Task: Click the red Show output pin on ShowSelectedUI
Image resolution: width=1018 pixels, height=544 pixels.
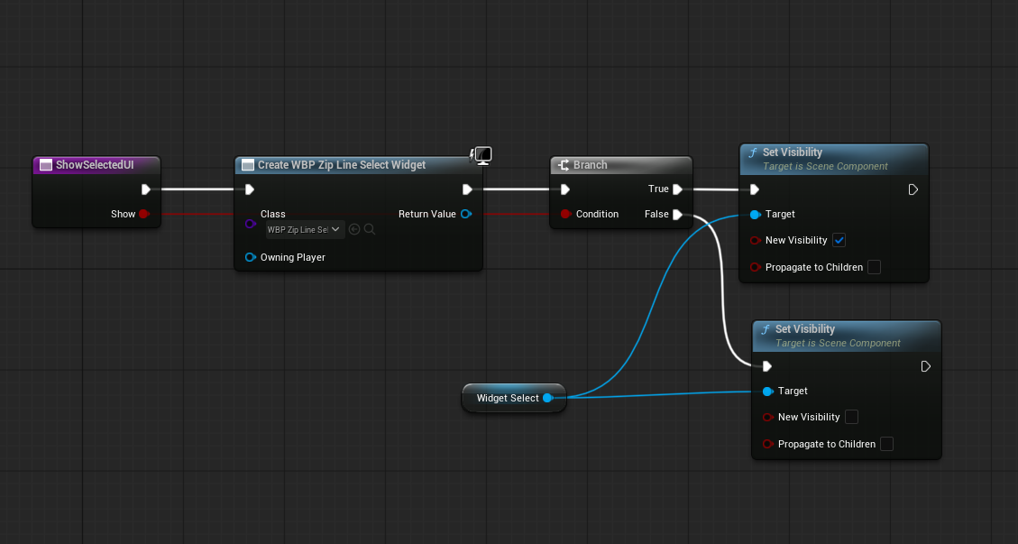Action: click(143, 214)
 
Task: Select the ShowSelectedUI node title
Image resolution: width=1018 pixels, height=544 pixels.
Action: click(95, 165)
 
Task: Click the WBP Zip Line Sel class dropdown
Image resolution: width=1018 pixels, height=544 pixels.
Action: click(306, 229)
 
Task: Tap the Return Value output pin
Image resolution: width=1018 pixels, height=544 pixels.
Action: click(465, 214)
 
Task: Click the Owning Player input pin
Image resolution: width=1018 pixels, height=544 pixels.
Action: click(251, 257)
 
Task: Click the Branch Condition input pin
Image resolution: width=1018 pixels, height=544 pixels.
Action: click(565, 214)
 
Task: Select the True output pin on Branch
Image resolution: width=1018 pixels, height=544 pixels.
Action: click(677, 189)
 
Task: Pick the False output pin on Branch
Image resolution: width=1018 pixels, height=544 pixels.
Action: click(677, 215)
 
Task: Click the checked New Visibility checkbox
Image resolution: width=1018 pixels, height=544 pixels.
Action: click(839, 241)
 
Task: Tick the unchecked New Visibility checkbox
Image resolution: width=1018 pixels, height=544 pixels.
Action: click(851, 417)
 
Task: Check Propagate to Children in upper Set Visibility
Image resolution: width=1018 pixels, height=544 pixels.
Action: click(874, 267)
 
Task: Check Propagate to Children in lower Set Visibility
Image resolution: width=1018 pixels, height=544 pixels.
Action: click(887, 444)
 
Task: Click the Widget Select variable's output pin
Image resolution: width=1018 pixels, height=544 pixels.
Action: click(548, 398)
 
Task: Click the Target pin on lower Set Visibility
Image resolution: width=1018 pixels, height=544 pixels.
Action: click(767, 392)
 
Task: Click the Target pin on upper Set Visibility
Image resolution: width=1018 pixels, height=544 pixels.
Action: click(755, 215)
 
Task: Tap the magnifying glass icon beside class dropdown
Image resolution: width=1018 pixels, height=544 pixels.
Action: click(370, 229)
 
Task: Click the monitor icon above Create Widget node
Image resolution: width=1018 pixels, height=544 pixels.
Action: click(482, 156)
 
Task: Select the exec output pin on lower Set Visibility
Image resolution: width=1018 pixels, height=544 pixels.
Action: click(926, 366)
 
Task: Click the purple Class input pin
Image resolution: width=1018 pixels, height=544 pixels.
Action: click(251, 224)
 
